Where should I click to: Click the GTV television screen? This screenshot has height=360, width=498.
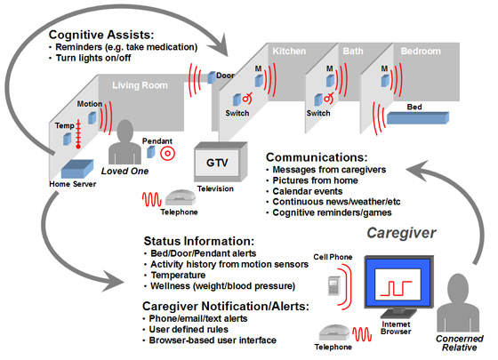pos(217,163)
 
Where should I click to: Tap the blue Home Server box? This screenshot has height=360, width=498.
pos(77,169)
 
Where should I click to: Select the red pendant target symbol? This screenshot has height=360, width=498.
pos(167,154)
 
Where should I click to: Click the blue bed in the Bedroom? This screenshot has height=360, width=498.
pos(418,117)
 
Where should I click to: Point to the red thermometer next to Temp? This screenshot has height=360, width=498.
pos(78,134)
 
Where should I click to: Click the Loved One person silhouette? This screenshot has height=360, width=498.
pos(124,142)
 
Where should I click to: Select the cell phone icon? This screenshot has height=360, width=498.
pos(333,285)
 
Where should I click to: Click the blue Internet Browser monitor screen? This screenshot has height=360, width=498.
pos(398,283)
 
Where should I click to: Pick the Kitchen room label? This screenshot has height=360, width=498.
pos(289,52)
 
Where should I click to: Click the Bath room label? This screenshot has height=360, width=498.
pos(353,51)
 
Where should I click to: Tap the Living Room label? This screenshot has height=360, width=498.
pos(140,85)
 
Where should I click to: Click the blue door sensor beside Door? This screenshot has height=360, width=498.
pos(212,77)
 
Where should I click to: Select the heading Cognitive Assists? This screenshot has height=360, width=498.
pos(101,35)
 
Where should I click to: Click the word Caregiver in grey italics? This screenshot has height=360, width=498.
pos(401,233)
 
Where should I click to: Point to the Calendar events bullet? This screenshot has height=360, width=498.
pos(308,191)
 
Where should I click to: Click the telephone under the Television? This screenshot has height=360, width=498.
pos(180,197)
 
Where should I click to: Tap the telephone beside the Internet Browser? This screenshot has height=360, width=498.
pos(333,332)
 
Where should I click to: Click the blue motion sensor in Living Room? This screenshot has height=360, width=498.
pos(92,117)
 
